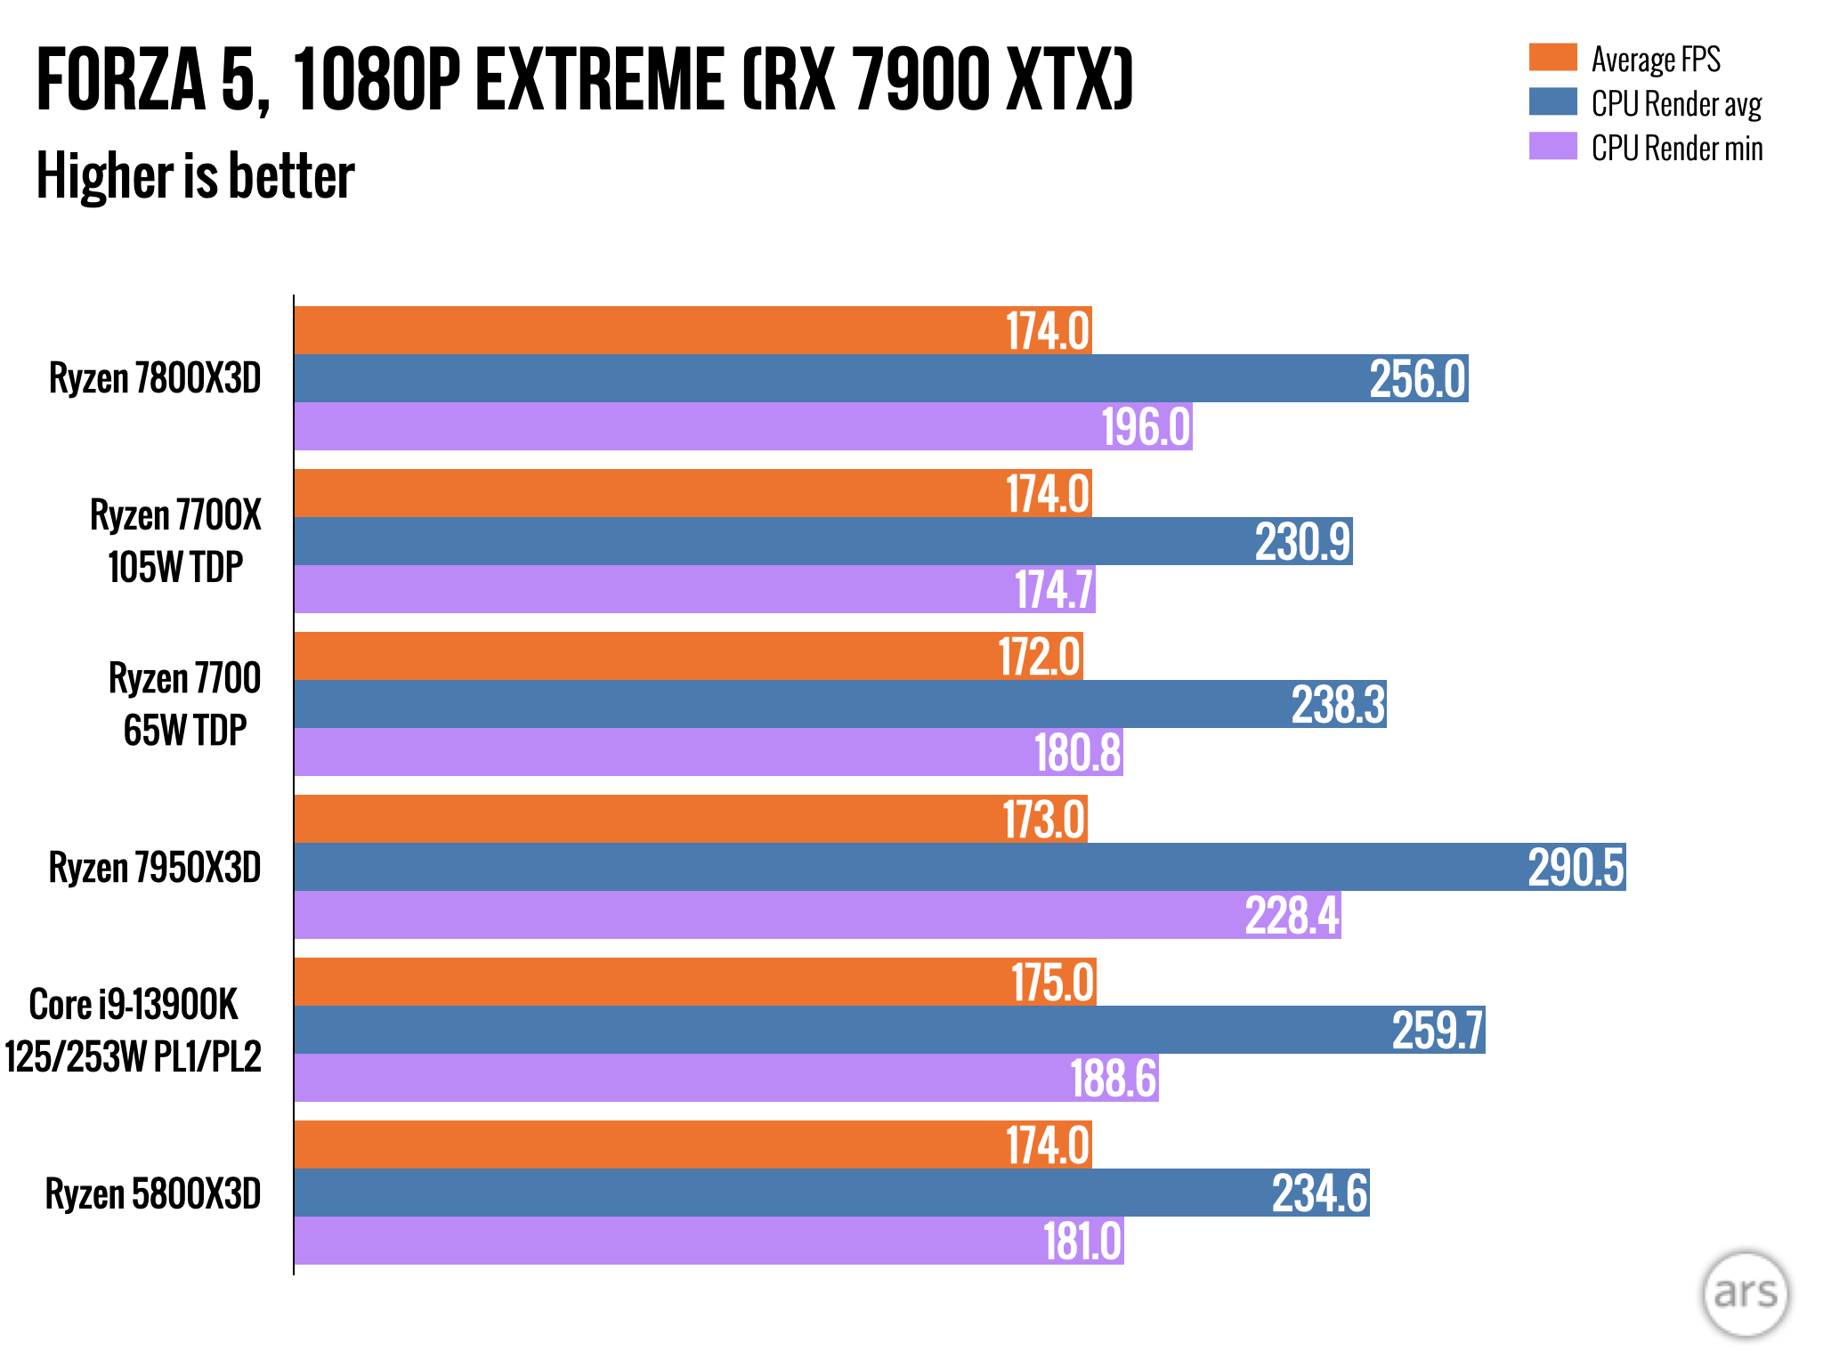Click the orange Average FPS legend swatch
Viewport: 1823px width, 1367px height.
click(x=1552, y=58)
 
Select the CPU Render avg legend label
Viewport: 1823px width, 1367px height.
click(x=1676, y=104)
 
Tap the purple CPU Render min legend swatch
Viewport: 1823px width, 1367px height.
click(x=1552, y=147)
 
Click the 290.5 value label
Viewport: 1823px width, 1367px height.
click(x=1576, y=868)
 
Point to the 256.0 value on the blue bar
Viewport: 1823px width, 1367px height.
click(x=1417, y=379)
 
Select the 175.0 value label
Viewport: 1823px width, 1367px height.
click(x=1052, y=983)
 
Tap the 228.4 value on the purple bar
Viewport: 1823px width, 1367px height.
click(x=1292, y=916)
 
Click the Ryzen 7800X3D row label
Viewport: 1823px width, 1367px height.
click(x=155, y=379)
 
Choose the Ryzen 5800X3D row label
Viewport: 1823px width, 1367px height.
click(x=153, y=1194)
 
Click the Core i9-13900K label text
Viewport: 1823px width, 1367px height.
click(x=134, y=1005)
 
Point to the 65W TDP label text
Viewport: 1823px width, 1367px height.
click(x=184, y=731)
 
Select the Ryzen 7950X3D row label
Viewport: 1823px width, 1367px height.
click(x=155, y=868)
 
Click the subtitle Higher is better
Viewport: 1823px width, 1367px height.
click(x=195, y=175)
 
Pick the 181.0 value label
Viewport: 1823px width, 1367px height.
click(x=1082, y=1242)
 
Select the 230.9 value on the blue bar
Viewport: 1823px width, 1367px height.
click(x=1302, y=542)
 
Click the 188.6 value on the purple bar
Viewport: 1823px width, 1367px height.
click(x=1113, y=1079)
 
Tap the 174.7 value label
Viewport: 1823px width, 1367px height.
click(x=1054, y=590)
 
